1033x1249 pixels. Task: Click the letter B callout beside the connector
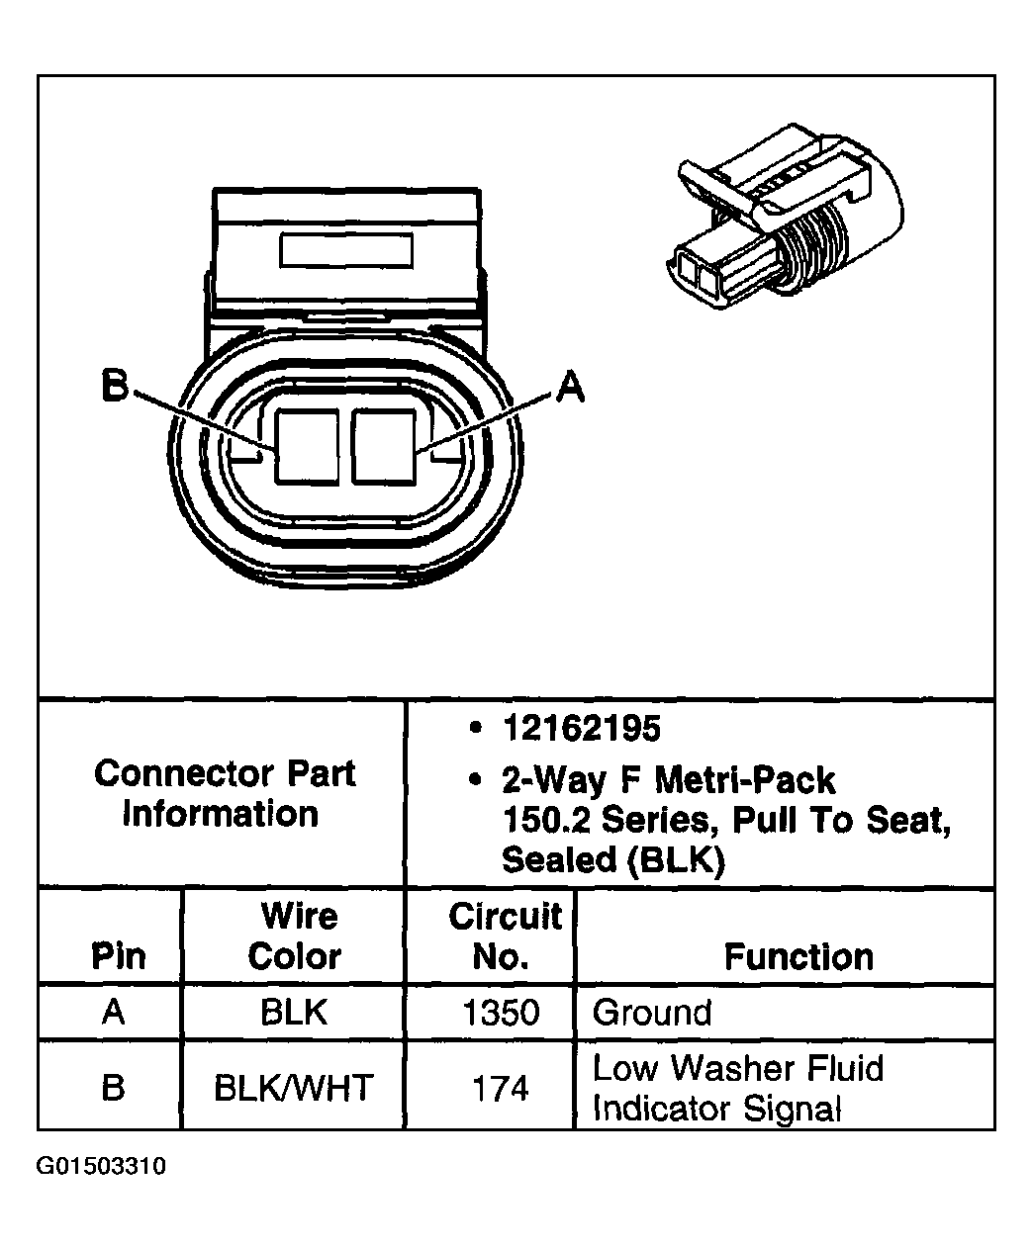coord(116,387)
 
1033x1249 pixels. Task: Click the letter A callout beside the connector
coord(570,387)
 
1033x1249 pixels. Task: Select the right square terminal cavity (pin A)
coord(384,446)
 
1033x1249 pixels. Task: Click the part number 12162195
coord(581,729)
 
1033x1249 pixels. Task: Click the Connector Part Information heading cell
coord(224,793)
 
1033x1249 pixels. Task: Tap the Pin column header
coord(118,956)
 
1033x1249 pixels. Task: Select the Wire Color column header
coord(295,937)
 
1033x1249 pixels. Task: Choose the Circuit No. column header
coord(505,937)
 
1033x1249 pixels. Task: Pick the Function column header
coord(798,956)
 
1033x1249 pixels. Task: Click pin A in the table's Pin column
coord(114,1013)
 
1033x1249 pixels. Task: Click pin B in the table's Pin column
coord(114,1088)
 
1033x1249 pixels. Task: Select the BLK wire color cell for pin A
coord(294,1013)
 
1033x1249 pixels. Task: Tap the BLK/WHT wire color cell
coord(294,1089)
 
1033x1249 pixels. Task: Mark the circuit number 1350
coord(502,1013)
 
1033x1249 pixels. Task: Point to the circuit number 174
coord(501,1089)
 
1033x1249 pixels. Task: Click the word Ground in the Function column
coord(652,1013)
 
